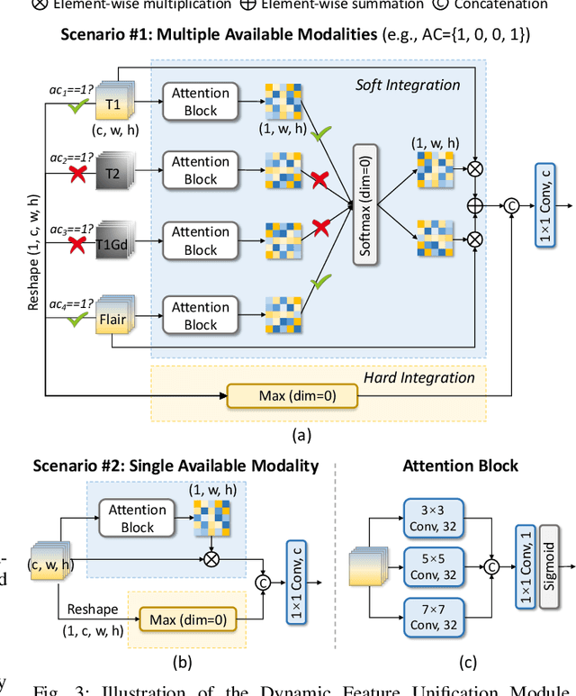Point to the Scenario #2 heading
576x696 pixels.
coord(175,466)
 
